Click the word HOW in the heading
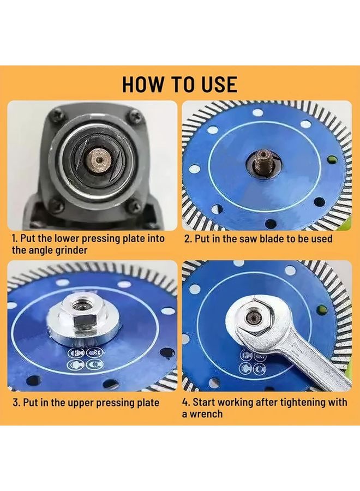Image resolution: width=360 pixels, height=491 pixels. click(x=142, y=84)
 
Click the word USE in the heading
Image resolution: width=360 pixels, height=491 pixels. click(x=220, y=84)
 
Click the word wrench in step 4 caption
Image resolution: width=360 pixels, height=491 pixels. click(x=206, y=414)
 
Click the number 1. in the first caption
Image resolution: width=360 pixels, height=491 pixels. click(x=14, y=238)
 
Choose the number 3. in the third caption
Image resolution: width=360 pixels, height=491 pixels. click(x=16, y=403)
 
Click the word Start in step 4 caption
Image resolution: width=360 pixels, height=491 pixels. click(x=204, y=402)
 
